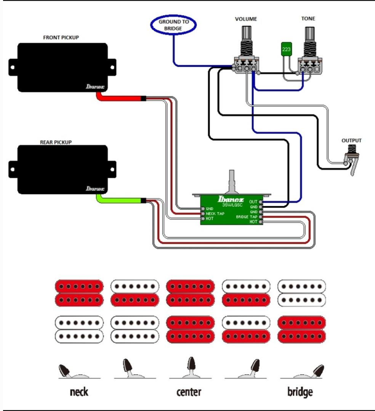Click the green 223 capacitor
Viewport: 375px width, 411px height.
(x=286, y=49)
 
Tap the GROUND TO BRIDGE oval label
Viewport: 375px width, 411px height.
(x=173, y=25)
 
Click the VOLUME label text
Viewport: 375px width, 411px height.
(x=246, y=19)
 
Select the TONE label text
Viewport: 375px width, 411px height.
(x=308, y=19)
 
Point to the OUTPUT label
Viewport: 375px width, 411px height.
(x=351, y=140)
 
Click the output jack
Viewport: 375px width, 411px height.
(x=352, y=159)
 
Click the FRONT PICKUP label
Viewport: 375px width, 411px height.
(x=61, y=37)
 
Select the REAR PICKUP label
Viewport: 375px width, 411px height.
(x=56, y=142)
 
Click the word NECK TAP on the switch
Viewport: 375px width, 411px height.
(x=215, y=214)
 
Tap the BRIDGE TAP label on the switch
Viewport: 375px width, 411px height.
(x=247, y=217)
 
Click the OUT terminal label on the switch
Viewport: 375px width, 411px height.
(x=253, y=202)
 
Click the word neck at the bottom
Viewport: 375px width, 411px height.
(x=79, y=392)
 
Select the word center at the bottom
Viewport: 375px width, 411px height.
(x=189, y=392)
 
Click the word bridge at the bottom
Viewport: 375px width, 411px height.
(x=300, y=392)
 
